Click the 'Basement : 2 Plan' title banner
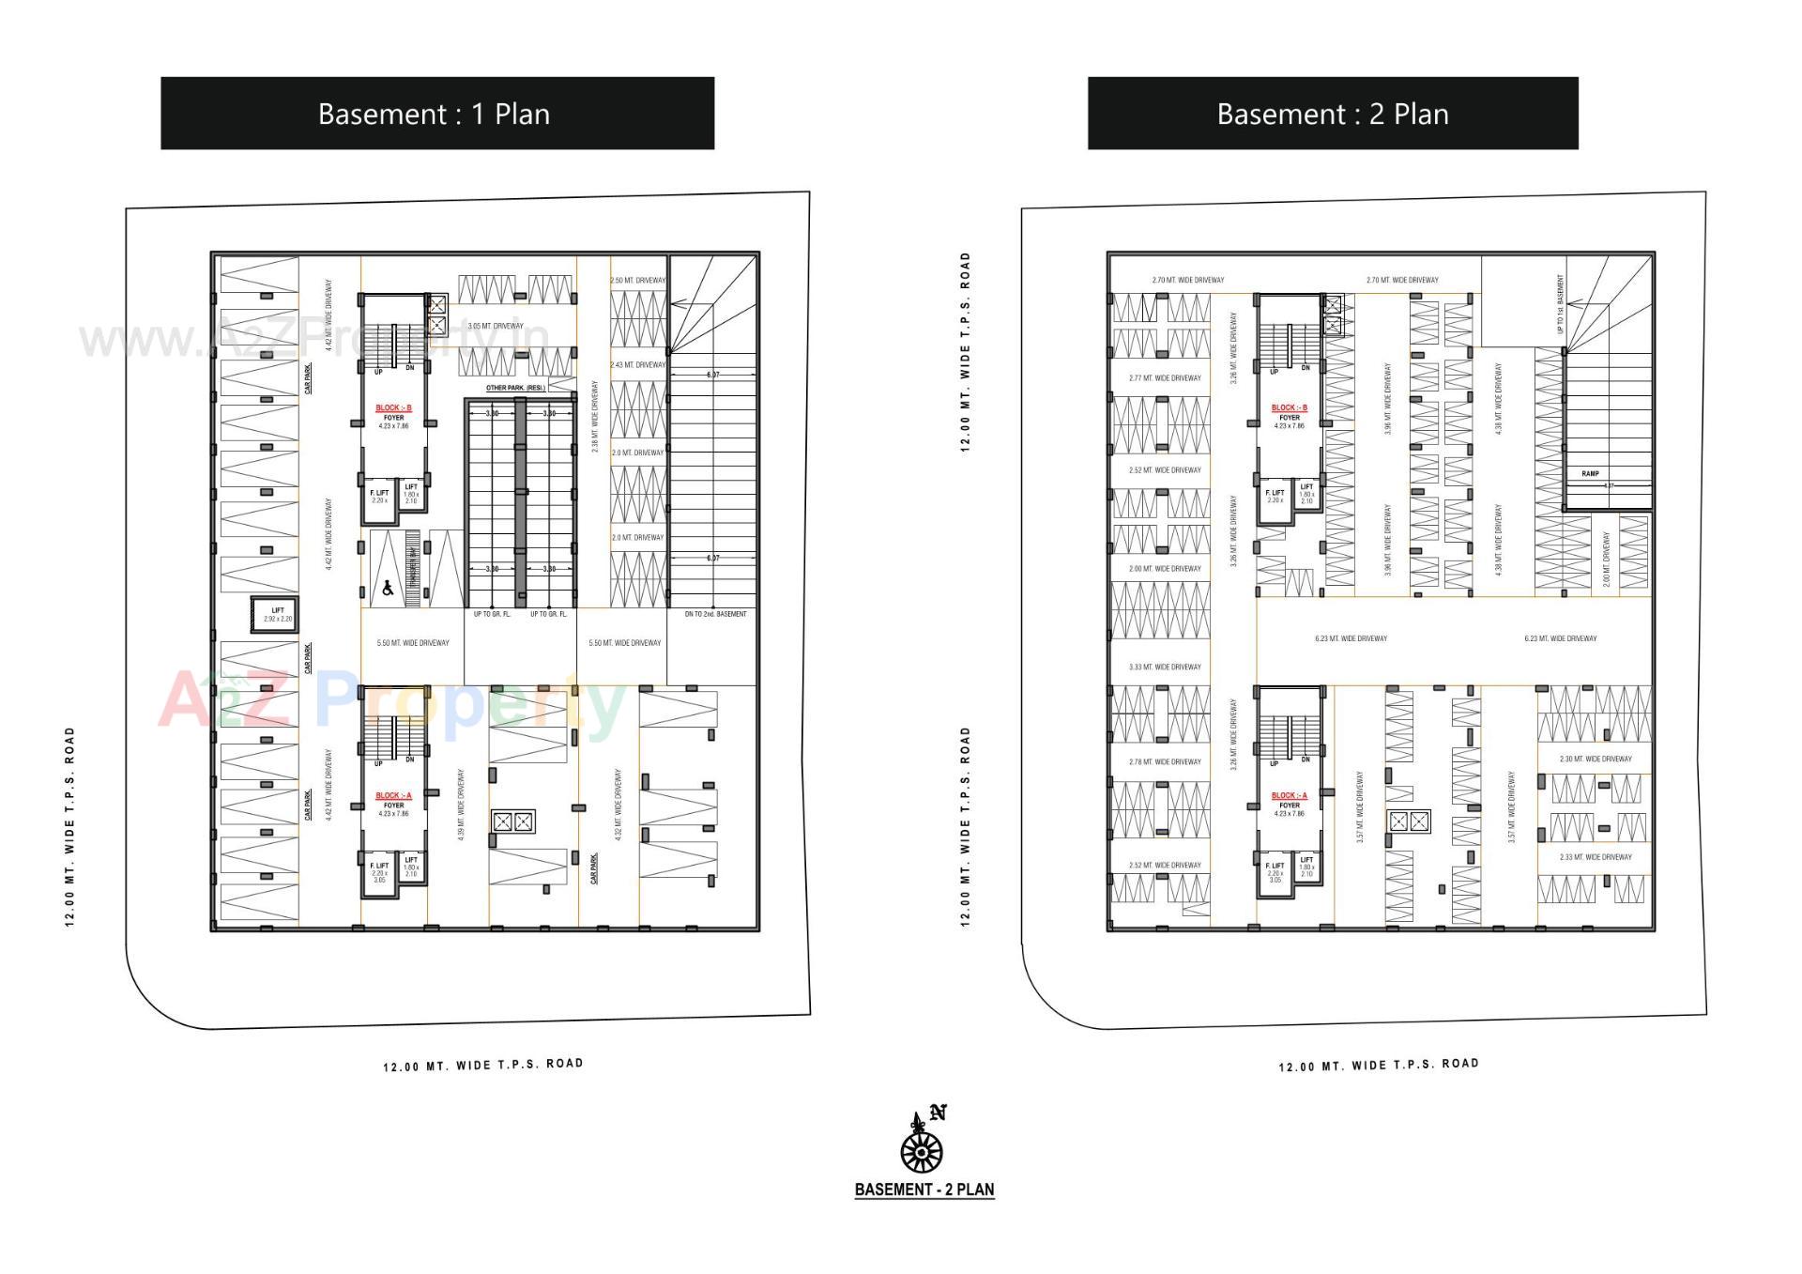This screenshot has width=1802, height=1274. [1332, 114]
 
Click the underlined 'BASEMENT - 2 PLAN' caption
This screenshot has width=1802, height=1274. [924, 1190]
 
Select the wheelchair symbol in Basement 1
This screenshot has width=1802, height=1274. [388, 589]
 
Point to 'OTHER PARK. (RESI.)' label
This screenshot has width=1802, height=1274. [515, 388]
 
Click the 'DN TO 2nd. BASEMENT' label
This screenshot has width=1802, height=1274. [715, 614]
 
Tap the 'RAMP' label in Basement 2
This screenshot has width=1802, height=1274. [1590, 473]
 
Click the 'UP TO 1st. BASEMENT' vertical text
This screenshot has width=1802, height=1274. [1560, 304]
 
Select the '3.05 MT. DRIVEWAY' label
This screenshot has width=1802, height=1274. [496, 326]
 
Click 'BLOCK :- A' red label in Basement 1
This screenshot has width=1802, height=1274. [393, 795]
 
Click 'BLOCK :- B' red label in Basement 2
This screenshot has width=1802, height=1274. [1289, 407]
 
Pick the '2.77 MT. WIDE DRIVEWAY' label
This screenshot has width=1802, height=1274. [1165, 377]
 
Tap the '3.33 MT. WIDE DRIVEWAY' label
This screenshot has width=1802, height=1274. [1165, 667]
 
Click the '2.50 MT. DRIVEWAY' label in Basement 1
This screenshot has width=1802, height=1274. [637, 280]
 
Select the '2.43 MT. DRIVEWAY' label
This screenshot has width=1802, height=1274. [637, 364]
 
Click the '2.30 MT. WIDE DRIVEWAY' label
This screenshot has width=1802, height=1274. [1596, 759]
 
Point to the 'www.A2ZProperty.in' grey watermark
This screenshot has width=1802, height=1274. [314, 340]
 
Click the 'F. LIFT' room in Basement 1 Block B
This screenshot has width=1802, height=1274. [379, 498]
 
